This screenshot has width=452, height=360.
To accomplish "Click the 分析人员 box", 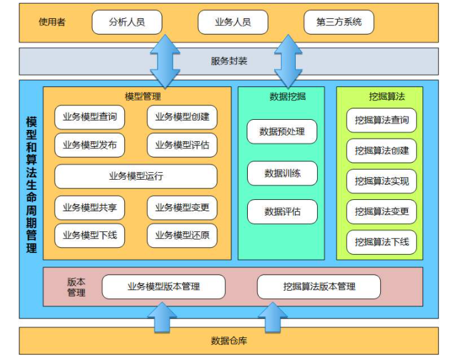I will pyautogui.click(x=127, y=22).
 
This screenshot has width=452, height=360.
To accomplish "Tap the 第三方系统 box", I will pyautogui.click(x=339, y=22).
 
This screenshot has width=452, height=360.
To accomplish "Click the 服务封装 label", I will pyautogui.click(x=229, y=61).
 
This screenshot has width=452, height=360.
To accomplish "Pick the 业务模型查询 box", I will pyautogui.click(x=90, y=117).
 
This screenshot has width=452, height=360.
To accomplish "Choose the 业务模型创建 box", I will pyautogui.click(x=182, y=117).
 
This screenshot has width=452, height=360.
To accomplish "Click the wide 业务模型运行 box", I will pyautogui.click(x=136, y=177).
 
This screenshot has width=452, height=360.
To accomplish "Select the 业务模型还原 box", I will pyautogui.click(x=182, y=236).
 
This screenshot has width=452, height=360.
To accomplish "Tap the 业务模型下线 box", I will pyautogui.click(x=90, y=236).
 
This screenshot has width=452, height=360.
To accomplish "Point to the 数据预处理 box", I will pyautogui.click(x=282, y=132).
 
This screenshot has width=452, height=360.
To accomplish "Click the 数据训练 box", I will pyautogui.click(x=282, y=173).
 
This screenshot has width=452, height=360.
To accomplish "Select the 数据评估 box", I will pyautogui.click(x=282, y=212).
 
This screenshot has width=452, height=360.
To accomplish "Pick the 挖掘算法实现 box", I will pyautogui.click(x=381, y=182).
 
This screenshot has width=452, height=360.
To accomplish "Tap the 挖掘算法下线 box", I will pyautogui.click(x=381, y=242).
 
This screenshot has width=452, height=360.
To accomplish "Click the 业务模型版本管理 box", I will pyautogui.click(x=163, y=286).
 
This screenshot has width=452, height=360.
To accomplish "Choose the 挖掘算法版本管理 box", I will pyautogui.click(x=319, y=286).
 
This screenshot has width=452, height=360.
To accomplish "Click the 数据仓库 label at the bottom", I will pyautogui.click(x=229, y=341).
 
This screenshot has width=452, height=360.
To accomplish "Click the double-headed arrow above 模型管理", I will pyautogui.click(x=166, y=61).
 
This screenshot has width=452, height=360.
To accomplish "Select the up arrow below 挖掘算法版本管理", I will pyautogui.click(x=273, y=317).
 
